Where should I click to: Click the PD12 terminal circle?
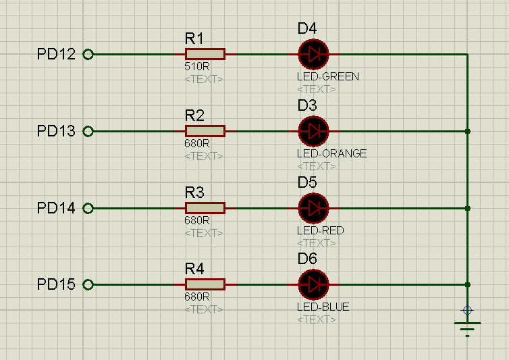click(87, 55)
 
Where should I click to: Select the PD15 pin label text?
click(56, 284)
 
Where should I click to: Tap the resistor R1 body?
click(205, 54)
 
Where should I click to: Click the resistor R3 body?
click(205, 208)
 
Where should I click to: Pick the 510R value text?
click(197, 67)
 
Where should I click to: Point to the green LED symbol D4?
click(313, 54)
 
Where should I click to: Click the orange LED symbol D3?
click(313, 131)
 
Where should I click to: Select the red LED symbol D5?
click(313, 208)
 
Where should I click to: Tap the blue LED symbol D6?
click(313, 285)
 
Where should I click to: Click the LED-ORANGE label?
click(331, 153)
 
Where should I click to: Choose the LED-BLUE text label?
click(323, 307)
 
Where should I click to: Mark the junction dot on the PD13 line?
click(467, 131)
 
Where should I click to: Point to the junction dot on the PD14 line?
click(467, 208)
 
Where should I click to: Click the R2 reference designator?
click(194, 115)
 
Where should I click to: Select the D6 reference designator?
click(307, 259)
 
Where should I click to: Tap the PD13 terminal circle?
click(87, 132)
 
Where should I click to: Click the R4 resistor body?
click(205, 285)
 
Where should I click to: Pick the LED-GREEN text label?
click(327, 76)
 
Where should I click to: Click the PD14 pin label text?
click(56, 208)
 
